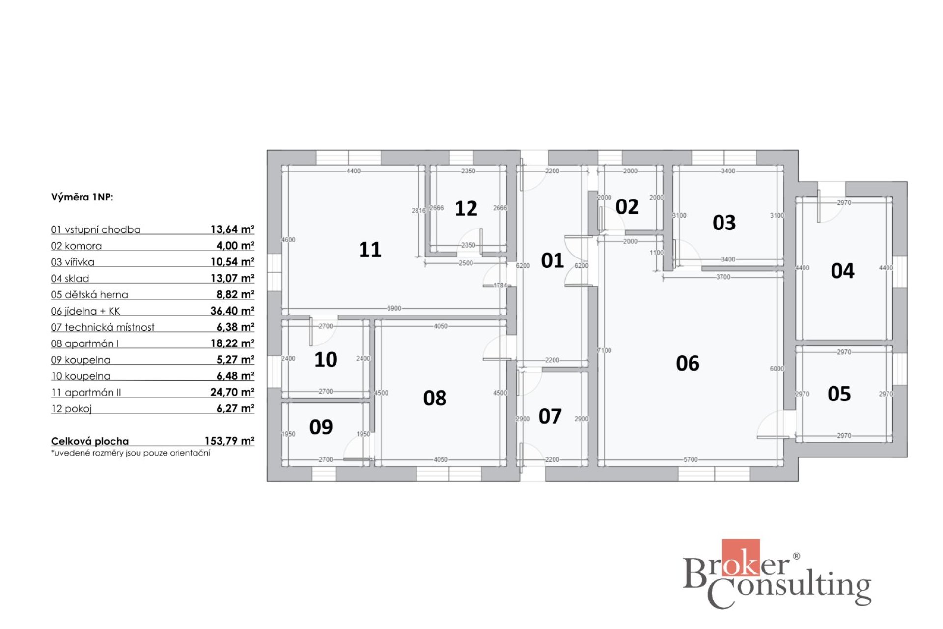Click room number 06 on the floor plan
687,363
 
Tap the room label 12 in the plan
466,208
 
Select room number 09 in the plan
321,427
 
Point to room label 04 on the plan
842,271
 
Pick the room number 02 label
627,206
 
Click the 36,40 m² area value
232,311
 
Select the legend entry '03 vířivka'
73,262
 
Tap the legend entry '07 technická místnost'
103,327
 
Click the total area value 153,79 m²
229,441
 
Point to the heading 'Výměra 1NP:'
82,197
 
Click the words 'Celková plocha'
90,441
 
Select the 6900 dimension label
394,308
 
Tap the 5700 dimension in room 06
691,459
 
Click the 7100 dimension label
604,350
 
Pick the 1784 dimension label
500,285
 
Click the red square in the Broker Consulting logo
741,557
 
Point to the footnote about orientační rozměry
131,453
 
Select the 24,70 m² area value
232,392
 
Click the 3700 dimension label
723,277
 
